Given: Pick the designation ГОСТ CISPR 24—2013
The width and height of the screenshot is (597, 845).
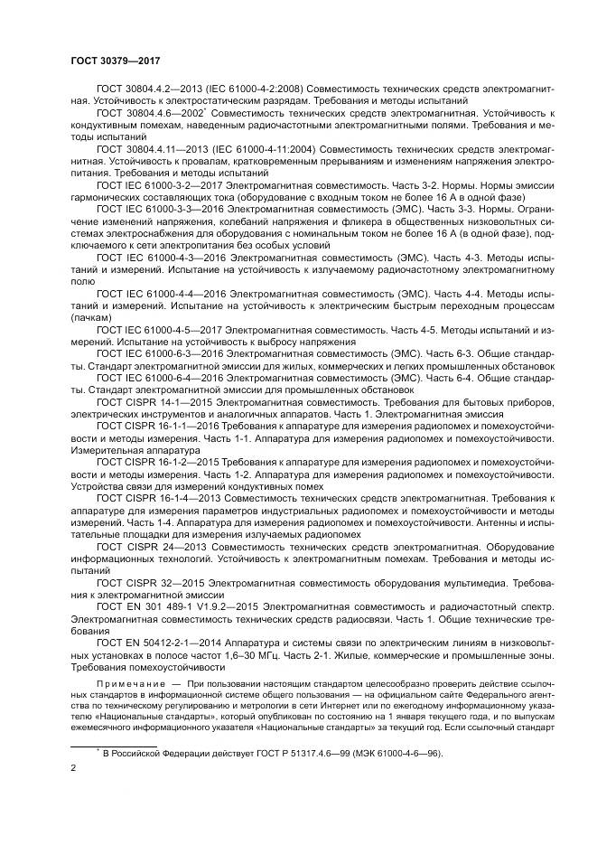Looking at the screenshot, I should pos(148,547).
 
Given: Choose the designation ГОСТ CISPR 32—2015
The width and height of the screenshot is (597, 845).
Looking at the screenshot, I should pos(148,584).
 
